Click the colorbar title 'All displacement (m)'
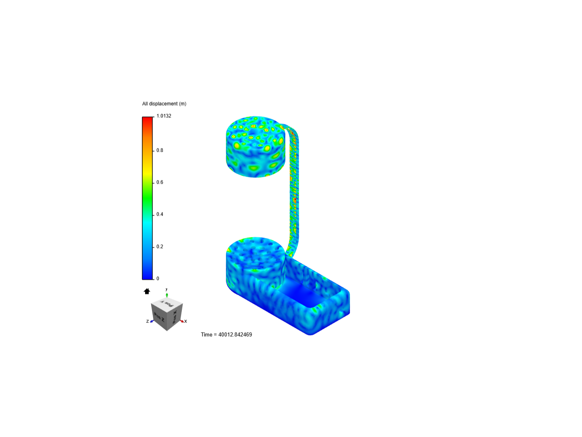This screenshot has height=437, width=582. tap(164, 104)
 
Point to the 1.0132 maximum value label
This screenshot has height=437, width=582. tap(164, 116)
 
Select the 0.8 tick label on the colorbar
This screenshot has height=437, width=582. tap(160, 151)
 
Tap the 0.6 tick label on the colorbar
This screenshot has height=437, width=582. tap(160, 182)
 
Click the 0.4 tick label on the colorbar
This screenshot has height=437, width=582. tap(160, 214)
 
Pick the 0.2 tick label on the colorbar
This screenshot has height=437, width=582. tap(160, 247)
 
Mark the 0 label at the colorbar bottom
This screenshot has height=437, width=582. tap(158, 279)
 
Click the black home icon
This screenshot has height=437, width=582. tap(147, 291)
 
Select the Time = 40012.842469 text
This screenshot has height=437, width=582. tap(226, 335)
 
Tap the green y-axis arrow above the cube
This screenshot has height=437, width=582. tap(167, 295)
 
